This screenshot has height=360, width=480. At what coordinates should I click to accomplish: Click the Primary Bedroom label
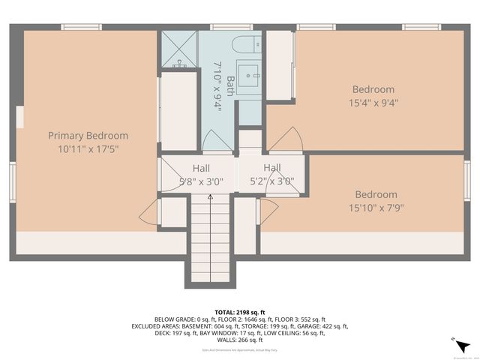[x=88, y=136]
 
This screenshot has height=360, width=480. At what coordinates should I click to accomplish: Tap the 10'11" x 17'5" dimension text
[x=88, y=148]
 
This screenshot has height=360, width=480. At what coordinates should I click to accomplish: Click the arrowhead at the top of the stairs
[x=210, y=196]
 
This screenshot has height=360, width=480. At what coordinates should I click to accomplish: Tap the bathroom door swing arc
[x=218, y=140]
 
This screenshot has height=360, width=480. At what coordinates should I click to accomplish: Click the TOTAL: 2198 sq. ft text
[x=240, y=311]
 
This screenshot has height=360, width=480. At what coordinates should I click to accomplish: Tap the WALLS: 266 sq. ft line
[x=240, y=340]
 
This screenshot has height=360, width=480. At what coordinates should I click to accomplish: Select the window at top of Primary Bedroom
[x=81, y=27]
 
